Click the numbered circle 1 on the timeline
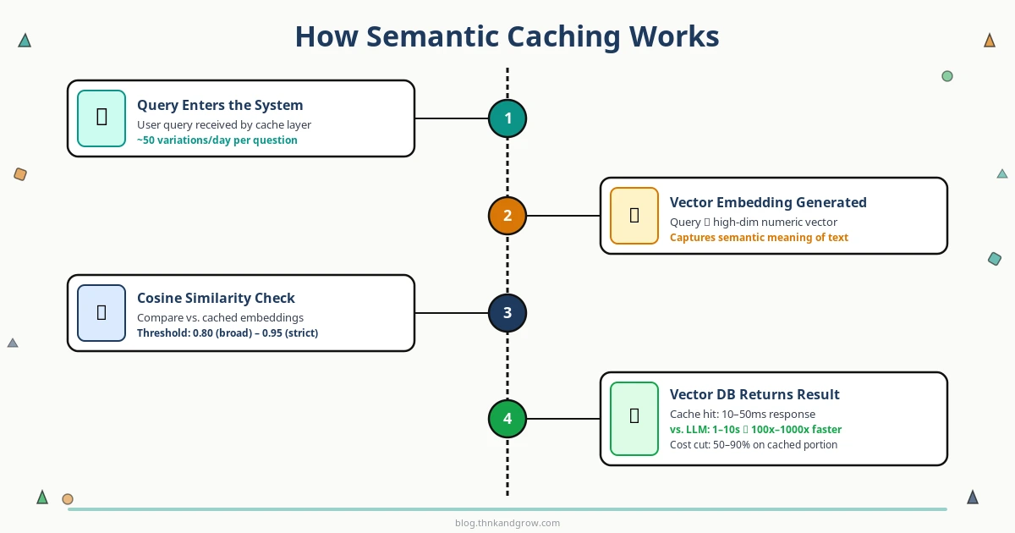pos(507,118)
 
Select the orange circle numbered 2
pos(507,216)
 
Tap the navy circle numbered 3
pos(507,313)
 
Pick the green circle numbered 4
pos(507,419)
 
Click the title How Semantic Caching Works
pos(507,37)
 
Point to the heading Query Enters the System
pos(220,106)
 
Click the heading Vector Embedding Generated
pos(767,203)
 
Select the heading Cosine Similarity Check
pos(216,298)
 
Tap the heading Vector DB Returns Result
pos(754,395)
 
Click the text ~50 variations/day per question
pos(217,140)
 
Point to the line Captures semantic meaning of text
pos(758,238)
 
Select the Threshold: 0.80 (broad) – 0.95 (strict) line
pos(227,333)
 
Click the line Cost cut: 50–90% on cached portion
pos(753,445)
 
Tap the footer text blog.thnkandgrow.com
pos(507,523)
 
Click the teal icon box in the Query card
pos(101,118)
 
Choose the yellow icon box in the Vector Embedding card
pos(634,216)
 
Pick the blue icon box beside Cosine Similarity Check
pos(101,313)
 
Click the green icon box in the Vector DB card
pos(634,419)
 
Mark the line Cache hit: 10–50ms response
pos(742,415)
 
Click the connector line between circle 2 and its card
pos(562,216)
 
